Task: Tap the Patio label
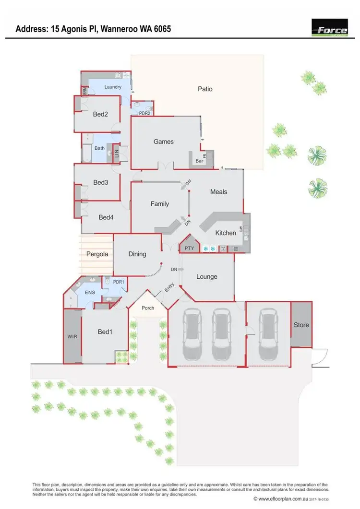pyautogui.click(x=205, y=89)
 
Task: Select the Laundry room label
pyautogui.click(x=112, y=87)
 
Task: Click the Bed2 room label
pyautogui.click(x=100, y=114)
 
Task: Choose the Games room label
pyautogui.click(x=163, y=142)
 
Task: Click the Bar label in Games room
pyautogui.click(x=198, y=161)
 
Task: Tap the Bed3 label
pyautogui.click(x=100, y=182)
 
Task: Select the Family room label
pyautogui.click(x=160, y=204)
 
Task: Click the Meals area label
pyautogui.click(x=218, y=191)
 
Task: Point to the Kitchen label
pyautogui.click(x=225, y=233)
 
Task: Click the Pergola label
pyautogui.click(x=97, y=254)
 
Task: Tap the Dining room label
pyautogui.click(x=137, y=254)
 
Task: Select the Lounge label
pyautogui.click(x=207, y=276)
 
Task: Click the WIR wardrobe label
pyautogui.click(x=72, y=337)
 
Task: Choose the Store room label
pyautogui.click(x=301, y=325)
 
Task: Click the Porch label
pyautogui.click(x=148, y=308)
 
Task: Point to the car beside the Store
pyautogui.click(x=268, y=334)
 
